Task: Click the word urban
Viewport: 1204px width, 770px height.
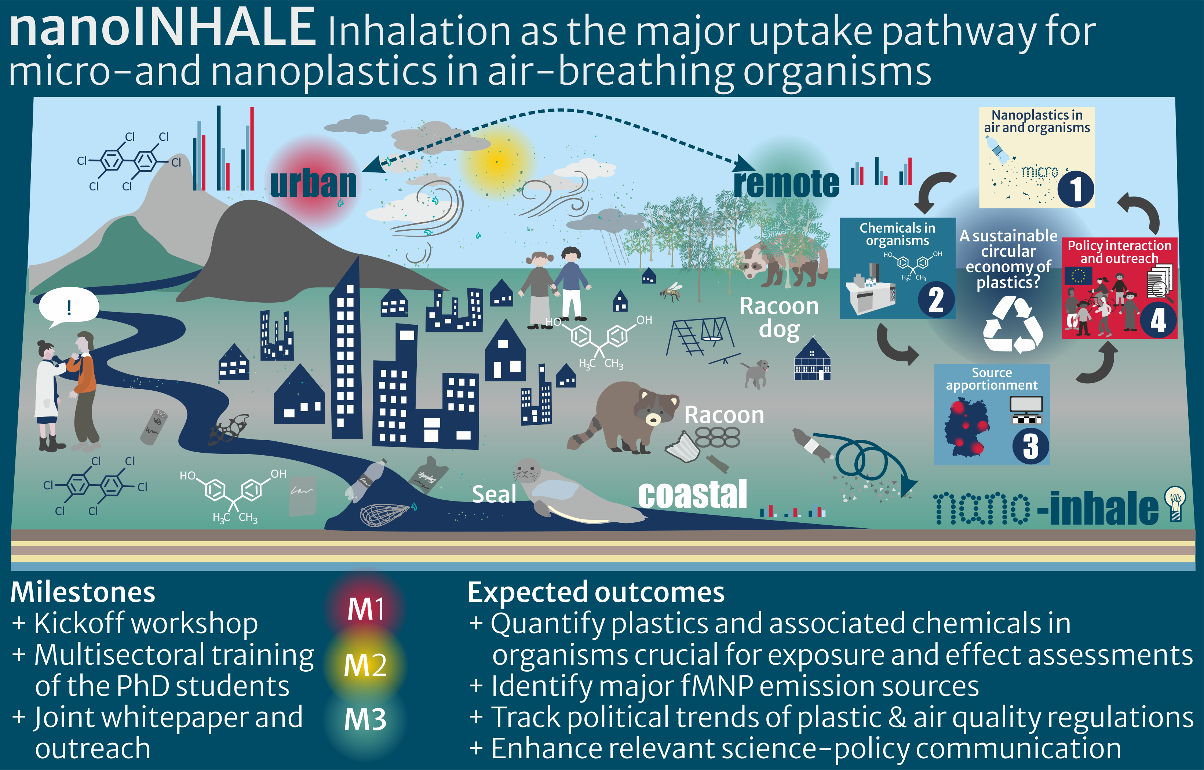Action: click(313, 183)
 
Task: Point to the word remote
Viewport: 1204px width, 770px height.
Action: click(787, 183)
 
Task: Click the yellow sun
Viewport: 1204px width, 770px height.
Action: click(497, 161)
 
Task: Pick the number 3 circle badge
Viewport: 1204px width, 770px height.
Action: click(1030, 446)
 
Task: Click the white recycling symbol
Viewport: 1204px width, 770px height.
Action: click(1012, 324)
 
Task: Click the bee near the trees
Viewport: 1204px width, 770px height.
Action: click(671, 292)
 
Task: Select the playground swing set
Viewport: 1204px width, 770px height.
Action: click(700, 336)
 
